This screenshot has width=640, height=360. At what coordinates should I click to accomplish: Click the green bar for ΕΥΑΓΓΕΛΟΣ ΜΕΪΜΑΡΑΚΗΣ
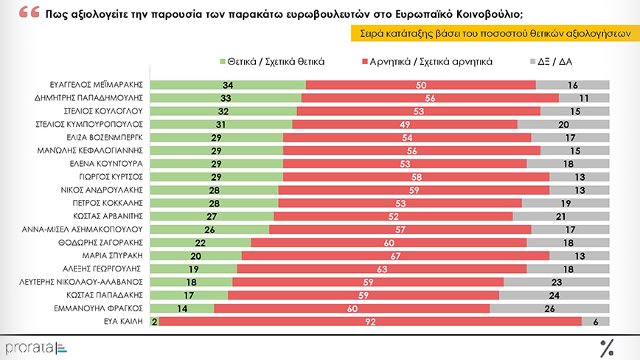coord(228,85)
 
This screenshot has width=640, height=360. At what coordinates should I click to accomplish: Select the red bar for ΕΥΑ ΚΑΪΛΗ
coord(370,322)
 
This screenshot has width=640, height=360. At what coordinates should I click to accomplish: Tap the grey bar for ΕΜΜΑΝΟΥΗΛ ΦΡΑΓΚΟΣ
coord(549,308)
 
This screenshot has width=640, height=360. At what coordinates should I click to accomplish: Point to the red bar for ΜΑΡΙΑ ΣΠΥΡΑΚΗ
coord(395,256)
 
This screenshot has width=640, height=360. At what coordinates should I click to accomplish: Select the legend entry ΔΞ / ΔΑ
coord(553,62)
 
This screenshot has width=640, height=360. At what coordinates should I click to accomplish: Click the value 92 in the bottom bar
coord(370,322)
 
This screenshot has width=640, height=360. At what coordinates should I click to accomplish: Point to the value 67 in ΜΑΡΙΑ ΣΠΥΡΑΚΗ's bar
coord(395,256)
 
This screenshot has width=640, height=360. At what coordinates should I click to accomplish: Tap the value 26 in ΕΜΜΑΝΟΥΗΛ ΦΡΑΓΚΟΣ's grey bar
coord(549,308)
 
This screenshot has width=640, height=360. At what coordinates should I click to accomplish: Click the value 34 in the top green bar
coord(228,85)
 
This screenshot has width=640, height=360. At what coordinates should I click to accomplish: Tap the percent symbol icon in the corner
coord(607,347)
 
